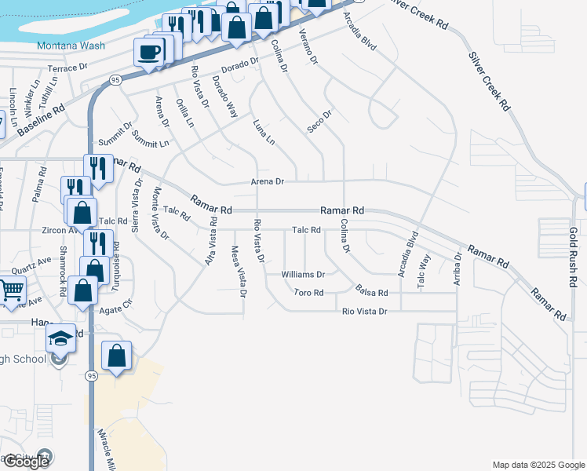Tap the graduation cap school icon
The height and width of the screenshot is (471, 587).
60,338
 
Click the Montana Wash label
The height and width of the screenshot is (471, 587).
71,46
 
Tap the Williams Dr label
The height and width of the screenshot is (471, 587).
303,275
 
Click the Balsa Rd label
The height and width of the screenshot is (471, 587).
371,292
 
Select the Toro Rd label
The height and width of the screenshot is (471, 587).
308,293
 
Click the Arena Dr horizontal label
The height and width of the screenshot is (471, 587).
267,181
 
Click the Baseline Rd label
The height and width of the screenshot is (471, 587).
40,122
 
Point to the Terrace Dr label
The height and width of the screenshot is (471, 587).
67,68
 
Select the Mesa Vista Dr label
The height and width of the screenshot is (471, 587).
238,272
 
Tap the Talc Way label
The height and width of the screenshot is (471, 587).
425,268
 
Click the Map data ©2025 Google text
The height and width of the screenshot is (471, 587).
538,465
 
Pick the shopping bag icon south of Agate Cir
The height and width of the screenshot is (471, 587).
117,356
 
